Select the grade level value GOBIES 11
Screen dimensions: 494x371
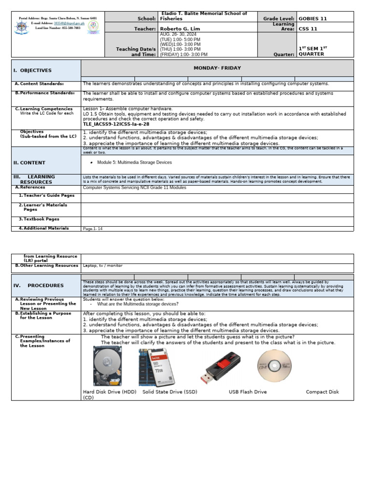313,19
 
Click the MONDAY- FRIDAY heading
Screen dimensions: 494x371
217,68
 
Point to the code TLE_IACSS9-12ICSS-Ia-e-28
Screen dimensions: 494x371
116,124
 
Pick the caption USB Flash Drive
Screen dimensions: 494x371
247,392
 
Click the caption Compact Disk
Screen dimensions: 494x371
322,392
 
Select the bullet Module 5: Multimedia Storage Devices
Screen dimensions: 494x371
134,163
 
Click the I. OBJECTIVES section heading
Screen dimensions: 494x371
32,70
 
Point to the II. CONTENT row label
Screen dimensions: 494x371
29,163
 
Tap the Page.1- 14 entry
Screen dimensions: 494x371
93,229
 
